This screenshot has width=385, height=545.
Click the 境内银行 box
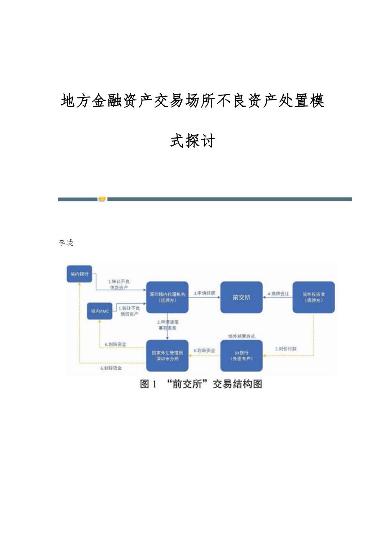point(79,274)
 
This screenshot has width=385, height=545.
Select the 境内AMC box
point(99,311)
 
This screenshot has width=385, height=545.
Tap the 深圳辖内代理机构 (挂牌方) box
point(167,297)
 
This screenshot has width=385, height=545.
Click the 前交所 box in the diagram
point(241,297)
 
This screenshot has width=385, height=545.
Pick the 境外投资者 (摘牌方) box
point(313,297)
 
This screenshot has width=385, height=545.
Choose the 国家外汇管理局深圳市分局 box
point(167,355)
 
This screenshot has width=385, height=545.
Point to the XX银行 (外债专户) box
point(241,355)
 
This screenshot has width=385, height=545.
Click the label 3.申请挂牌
point(204,293)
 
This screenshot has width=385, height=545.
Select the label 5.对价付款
point(286,348)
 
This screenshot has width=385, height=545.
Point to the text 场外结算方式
point(241,336)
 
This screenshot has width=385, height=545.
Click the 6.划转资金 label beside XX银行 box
point(205,350)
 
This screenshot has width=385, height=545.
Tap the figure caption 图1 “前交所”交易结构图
point(201,384)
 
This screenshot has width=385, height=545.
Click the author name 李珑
point(67,243)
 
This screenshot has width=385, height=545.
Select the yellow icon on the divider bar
point(102,199)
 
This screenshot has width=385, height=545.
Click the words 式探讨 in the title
point(192,141)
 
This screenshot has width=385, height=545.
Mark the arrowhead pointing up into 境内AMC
point(99,322)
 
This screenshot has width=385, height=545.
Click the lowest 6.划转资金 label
point(111,368)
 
